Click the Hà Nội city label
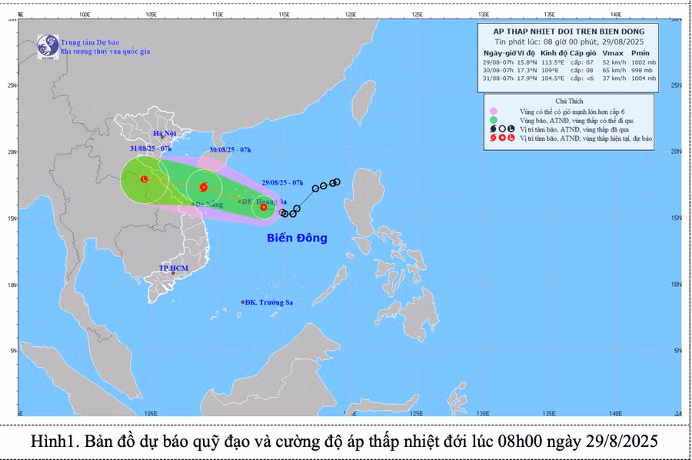(165, 134)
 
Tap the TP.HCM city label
(173, 268)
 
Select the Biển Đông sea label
(297, 238)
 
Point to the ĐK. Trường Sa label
(268, 302)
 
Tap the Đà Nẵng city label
(209, 205)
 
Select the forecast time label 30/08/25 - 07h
(230, 150)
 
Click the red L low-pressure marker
(145, 179)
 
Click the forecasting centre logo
(48, 45)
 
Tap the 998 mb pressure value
(644, 69)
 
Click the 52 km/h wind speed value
(613, 61)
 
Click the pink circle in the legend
(494, 112)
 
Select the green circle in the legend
(494, 121)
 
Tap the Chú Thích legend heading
(570, 102)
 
